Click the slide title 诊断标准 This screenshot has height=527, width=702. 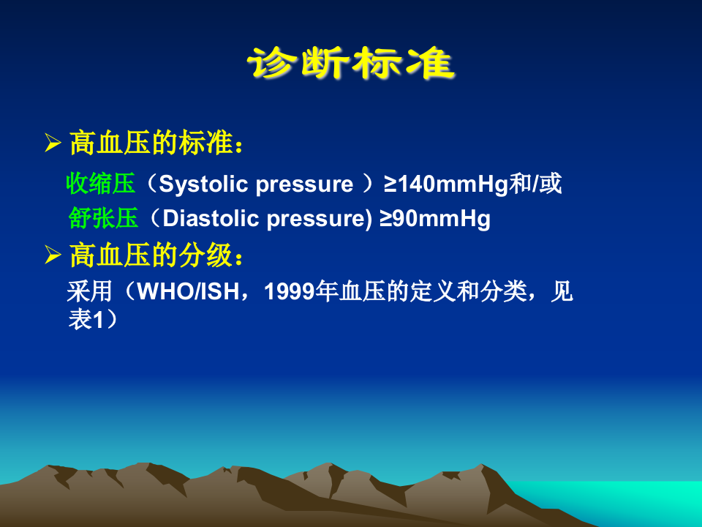[x=351, y=64]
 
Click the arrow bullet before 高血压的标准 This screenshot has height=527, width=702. [x=52, y=143]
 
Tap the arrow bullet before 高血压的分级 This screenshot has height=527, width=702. [x=52, y=256]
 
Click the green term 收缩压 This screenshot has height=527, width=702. [x=101, y=184]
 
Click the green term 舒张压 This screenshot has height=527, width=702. [x=103, y=219]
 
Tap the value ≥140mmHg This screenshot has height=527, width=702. [x=445, y=184]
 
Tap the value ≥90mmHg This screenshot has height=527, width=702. [x=434, y=219]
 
